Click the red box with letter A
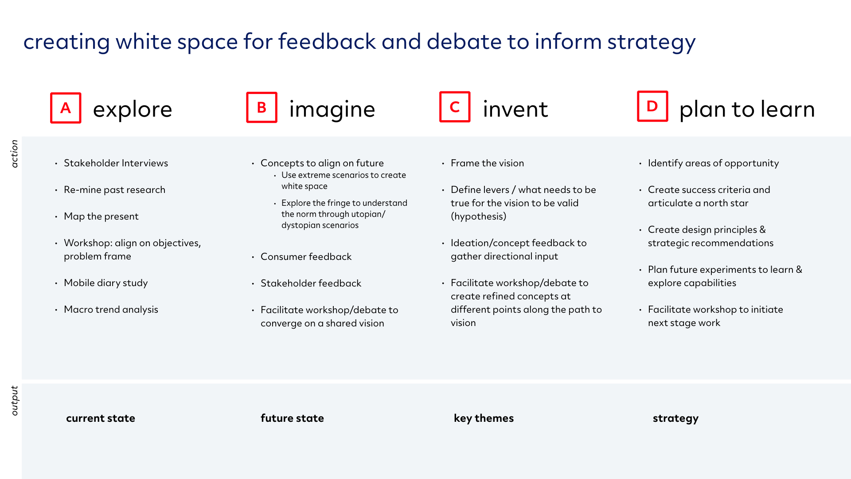click(x=66, y=108)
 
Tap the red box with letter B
click(x=262, y=107)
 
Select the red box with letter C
click(x=455, y=107)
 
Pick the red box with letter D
click(x=652, y=106)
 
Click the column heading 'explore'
click(x=133, y=110)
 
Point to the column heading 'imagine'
click(x=332, y=110)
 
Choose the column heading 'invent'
click(x=515, y=109)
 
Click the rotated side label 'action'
click(x=15, y=153)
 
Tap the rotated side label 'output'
click(x=15, y=400)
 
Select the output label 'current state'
click(x=101, y=418)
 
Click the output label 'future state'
click(x=292, y=418)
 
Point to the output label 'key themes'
click(x=484, y=419)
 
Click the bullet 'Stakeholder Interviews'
click(x=116, y=163)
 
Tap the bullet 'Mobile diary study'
click(x=105, y=283)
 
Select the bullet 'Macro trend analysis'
click(x=111, y=310)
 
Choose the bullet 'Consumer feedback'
click(x=306, y=257)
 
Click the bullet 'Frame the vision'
click(x=487, y=163)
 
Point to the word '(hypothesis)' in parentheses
click(x=478, y=216)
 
